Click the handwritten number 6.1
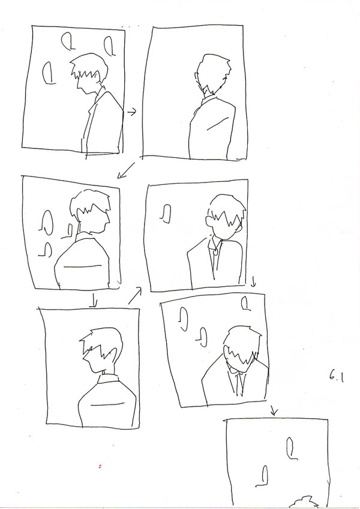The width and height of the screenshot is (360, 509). (x=337, y=377)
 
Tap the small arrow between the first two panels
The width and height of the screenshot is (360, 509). (x=131, y=112)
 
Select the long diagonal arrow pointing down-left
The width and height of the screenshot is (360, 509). (x=125, y=170)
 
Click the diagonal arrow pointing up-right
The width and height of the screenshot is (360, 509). (x=135, y=295)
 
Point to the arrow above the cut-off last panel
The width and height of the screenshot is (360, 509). (x=274, y=411)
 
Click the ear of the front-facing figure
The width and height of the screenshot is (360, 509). (x=209, y=221)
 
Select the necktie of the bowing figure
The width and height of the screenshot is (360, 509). (x=239, y=385)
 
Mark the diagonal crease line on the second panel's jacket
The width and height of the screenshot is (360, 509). (x=217, y=124)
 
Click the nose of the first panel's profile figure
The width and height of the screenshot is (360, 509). (x=78, y=86)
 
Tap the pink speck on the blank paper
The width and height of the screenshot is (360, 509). (x=100, y=466)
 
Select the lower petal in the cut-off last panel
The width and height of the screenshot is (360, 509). (x=263, y=476)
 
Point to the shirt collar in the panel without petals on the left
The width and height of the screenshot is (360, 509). (x=108, y=378)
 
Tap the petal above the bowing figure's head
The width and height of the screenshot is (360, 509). (x=246, y=304)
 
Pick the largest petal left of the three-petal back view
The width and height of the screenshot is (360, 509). (x=47, y=222)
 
